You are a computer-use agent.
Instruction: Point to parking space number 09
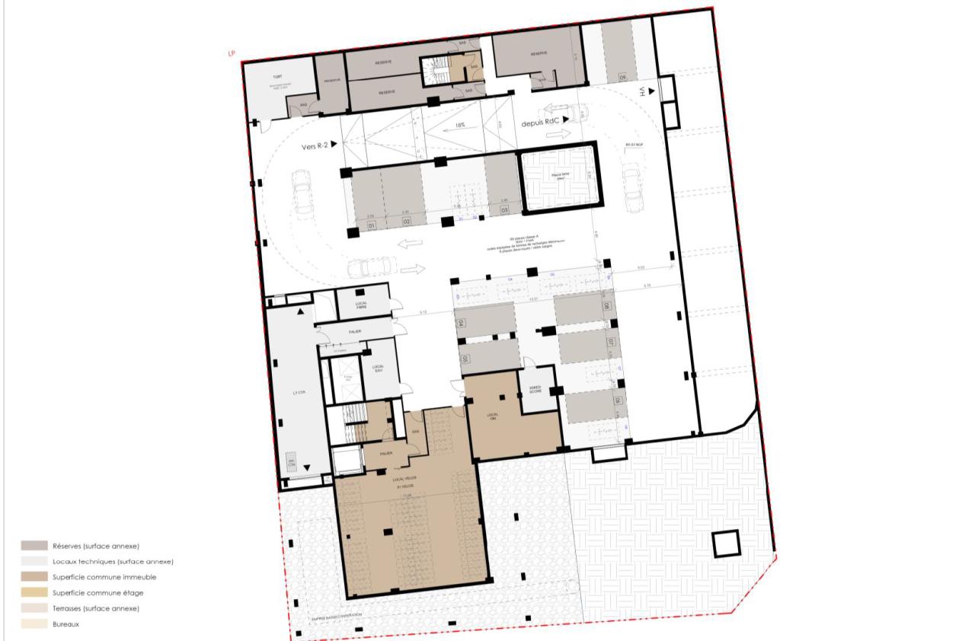tap(622, 77)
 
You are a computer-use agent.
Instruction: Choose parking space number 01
tap(372, 227)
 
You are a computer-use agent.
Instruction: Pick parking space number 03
tap(503, 210)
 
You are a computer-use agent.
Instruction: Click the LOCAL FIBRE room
tap(362, 305)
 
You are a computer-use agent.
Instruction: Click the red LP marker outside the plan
tap(231, 54)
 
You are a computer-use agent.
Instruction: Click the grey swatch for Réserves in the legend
tap(34, 546)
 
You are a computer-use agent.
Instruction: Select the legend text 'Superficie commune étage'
tap(97, 592)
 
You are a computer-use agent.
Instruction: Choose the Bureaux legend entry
tap(66, 624)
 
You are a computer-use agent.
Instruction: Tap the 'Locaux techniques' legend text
tap(113, 561)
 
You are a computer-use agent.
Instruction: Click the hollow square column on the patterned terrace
tap(725, 544)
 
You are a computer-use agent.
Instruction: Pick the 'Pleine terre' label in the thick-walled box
tap(555, 177)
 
